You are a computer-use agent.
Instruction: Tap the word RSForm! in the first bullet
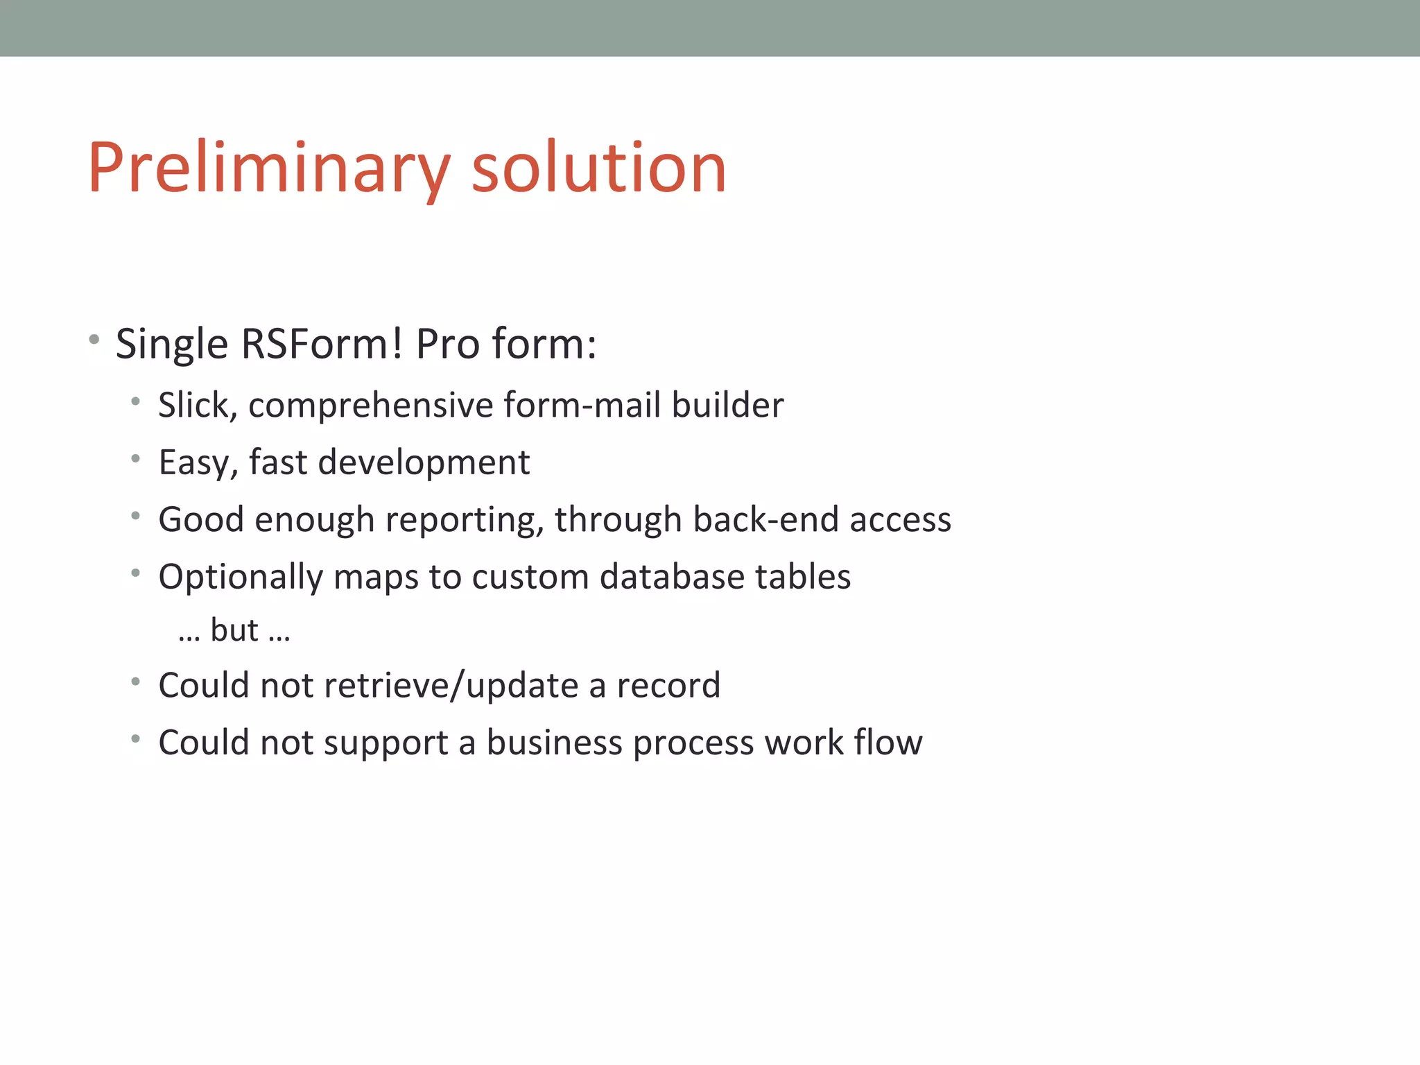(321, 344)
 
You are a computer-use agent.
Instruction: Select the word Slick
(197, 405)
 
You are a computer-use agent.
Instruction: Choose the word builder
(727, 405)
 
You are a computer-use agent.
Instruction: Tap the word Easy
(198, 462)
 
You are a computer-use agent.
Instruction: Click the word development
(424, 462)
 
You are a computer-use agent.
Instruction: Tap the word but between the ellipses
(234, 630)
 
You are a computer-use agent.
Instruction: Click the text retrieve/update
(451, 686)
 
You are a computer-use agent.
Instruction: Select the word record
(668, 686)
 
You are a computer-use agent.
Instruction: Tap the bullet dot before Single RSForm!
(94, 340)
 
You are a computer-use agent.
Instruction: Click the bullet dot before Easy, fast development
(136, 458)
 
